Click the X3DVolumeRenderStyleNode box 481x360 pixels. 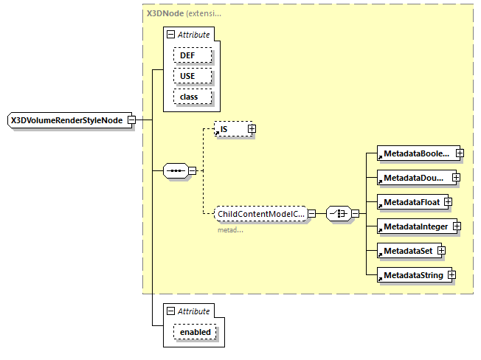click(66, 120)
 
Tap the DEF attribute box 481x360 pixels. click(193, 55)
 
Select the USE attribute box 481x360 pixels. click(193, 76)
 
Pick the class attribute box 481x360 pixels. click(193, 97)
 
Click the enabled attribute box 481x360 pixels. click(195, 332)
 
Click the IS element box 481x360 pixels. click(229, 129)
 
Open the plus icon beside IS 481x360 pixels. click(252, 129)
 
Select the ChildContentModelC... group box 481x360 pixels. click(260, 214)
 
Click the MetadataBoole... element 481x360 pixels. click(414, 153)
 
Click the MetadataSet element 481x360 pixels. click(406, 251)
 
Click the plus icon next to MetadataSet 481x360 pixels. click(441, 251)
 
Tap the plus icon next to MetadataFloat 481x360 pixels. click(447, 202)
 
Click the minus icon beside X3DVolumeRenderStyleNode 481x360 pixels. click(131, 120)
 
